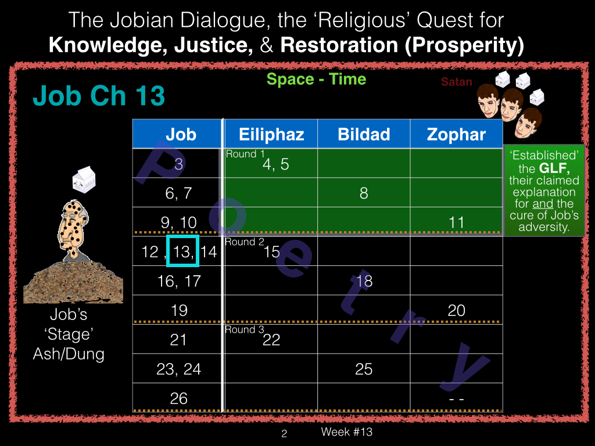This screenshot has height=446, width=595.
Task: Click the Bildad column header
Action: click(x=364, y=134)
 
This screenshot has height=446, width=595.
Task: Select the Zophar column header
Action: click(x=457, y=134)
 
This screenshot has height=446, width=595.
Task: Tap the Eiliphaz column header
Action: click(x=271, y=134)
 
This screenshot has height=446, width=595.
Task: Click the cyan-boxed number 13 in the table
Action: click(x=182, y=251)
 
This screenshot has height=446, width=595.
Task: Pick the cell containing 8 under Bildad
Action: click(x=364, y=193)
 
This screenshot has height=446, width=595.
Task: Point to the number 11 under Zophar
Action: click(x=456, y=222)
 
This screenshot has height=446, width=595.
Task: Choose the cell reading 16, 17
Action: click(x=178, y=280)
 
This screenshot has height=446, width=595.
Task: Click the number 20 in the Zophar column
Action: click(x=456, y=310)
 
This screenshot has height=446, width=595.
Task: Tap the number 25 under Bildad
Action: click(x=364, y=369)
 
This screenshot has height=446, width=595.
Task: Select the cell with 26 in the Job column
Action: click(x=178, y=398)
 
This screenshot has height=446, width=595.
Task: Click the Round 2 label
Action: click(x=245, y=242)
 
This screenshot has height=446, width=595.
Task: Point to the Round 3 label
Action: click(x=245, y=330)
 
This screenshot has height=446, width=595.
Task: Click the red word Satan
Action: click(x=457, y=81)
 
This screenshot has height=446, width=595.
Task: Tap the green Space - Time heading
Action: click(x=316, y=79)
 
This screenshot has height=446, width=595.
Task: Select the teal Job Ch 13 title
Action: click(x=99, y=95)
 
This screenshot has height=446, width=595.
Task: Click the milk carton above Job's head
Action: click(x=84, y=180)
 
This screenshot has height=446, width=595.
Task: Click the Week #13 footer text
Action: click(x=346, y=431)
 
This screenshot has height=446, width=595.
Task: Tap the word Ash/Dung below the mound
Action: click(x=69, y=354)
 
